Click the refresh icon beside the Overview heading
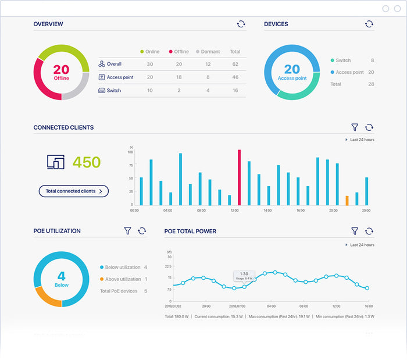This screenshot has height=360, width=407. pyautogui.click(x=241, y=24)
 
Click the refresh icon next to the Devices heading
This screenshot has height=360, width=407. pyautogui.click(x=369, y=24)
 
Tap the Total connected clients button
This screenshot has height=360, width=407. pyautogui.click(x=73, y=191)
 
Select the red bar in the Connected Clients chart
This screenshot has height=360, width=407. pyautogui.click(x=239, y=177)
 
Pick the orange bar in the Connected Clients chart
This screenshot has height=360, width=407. pyautogui.click(x=347, y=200)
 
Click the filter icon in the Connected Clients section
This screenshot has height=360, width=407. pyautogui.click(x=355, y=127)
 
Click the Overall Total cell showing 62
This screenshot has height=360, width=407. pyautogui.click(x=235, y=64)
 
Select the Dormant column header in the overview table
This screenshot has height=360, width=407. pyautogui.click(x=208, y=52)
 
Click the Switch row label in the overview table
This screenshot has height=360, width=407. pyautogui.click(x=113, y=91)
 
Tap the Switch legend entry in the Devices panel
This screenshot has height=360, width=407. pyautogui.click(x=343, y=60)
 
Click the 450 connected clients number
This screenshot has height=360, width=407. pyautogui.click(x=87, y=162)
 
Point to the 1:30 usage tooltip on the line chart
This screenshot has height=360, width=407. pyautogui.click(x=244, y=276)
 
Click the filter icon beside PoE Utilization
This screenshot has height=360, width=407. pyautogui.click(x=127, y=231)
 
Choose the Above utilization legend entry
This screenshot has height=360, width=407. pyautogui.click(x=122, y=279)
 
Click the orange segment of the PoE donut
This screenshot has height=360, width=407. pyautogui.click(x=48, y=297)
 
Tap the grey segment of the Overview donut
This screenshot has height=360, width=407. pyautogui.click(x=78, y=88)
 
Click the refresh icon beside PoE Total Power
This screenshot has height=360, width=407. pyautogui.click(x=369, y=231)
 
